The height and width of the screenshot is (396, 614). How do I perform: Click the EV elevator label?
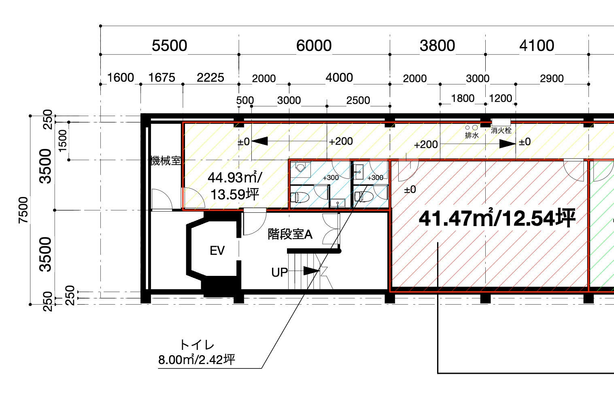(x=217, y=250)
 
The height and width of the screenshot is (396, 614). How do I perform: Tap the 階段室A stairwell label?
(x=290, y=235)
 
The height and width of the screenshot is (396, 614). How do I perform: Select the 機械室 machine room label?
(x=166, y=161)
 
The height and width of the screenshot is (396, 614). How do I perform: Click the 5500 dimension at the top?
(x=170, y=45)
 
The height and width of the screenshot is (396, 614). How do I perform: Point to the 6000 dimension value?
(x=314, y=45)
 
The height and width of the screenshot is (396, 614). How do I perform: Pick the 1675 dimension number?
(x=161, y=78)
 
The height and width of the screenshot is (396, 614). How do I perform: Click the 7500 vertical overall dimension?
(x=23, y=210)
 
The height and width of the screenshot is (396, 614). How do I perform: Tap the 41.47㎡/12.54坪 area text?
(x=497, y=218)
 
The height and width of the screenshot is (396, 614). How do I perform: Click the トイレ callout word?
(x=197, y=345)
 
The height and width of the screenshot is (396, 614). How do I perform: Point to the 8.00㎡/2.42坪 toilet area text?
(x=197, y=360)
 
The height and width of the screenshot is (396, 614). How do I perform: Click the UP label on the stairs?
(x=279, y=273)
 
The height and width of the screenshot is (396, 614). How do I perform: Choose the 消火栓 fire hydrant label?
(x=501, y=130)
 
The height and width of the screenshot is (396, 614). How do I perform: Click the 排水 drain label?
(x=472, y=135)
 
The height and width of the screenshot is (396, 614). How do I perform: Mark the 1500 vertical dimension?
(x=63, y=141)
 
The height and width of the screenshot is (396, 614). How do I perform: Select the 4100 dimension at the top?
(x=537, y=45)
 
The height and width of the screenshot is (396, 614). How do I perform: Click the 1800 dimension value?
(x=463, y=98)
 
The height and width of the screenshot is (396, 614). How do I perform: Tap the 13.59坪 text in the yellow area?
(x=235, y=195)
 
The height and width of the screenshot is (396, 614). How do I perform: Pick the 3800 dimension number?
(x=437, y=45)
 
